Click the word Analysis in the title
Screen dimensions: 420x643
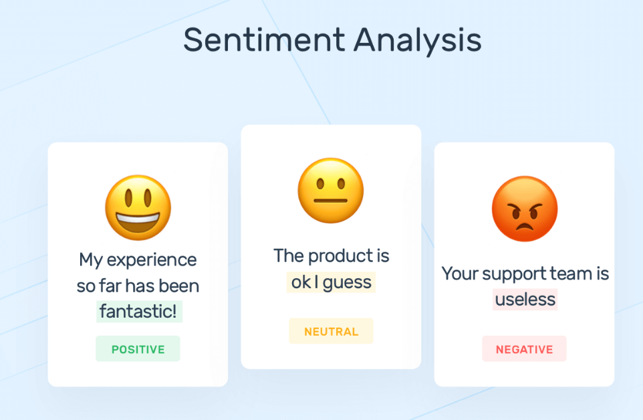pos(418,40)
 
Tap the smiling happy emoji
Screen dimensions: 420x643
pos(138,208)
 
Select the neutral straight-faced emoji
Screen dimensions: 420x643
pos(331,191)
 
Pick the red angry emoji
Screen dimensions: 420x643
pos(525,209)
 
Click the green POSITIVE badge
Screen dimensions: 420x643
pos(138,349)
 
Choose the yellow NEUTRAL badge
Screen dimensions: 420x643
pos(331,332)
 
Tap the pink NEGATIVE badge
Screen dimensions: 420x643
pos(525,349)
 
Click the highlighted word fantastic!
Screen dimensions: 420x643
pos(139,312)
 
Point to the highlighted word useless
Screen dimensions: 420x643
pos(525,299)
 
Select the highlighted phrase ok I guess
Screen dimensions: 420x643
pos(332,282)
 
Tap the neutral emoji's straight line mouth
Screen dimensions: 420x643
pos(331,200)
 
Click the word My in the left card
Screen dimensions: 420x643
pos(90,259)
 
